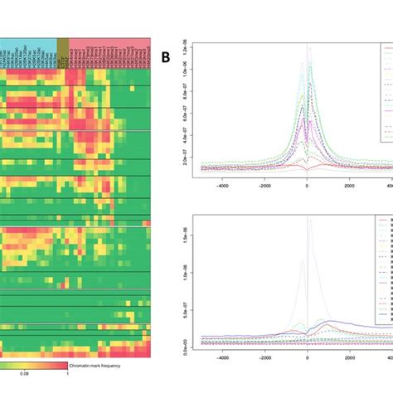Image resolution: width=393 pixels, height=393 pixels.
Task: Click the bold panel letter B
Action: tap(167, 58)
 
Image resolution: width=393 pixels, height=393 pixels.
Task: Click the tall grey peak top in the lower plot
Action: tap(309, 217)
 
